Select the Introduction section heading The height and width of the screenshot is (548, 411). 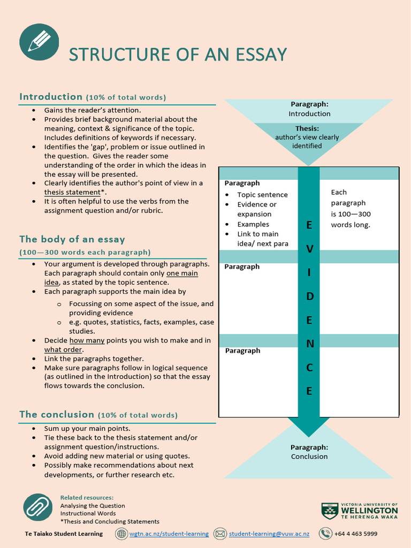[x=51, y=97]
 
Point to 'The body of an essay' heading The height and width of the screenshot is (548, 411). [x=72, y=239]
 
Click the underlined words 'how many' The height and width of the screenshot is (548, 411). [x=84, y=340]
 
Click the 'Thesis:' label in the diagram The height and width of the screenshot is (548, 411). [x=307, y=128]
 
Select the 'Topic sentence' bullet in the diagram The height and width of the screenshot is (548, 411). [x=262, y=195]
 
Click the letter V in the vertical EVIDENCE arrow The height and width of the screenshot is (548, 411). [x=309, y=249]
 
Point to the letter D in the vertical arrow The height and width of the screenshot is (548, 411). [x=309, y=296]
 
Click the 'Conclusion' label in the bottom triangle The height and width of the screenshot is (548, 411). [x=309, y=456]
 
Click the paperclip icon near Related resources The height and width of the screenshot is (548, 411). [x=37, y=508]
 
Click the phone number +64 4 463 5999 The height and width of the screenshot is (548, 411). [x=355, y=534]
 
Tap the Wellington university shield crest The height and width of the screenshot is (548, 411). [x=329, y=511]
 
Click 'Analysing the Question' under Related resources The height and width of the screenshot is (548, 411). [x=93, y=506]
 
